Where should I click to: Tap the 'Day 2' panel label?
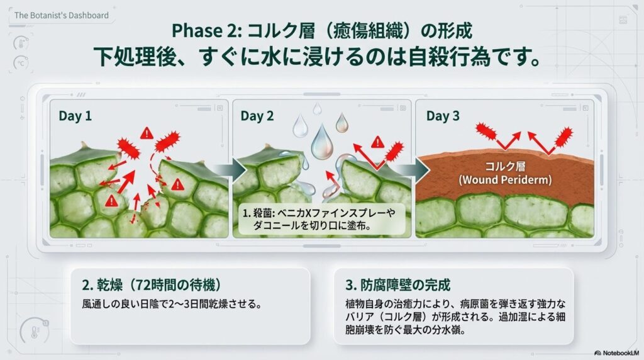coord(257,116)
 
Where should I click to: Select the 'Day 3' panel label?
coord(443,116)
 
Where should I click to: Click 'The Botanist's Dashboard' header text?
coord(61,15)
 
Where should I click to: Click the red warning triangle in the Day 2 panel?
coord(377,142)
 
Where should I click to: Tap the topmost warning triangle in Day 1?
coord(147,133)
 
